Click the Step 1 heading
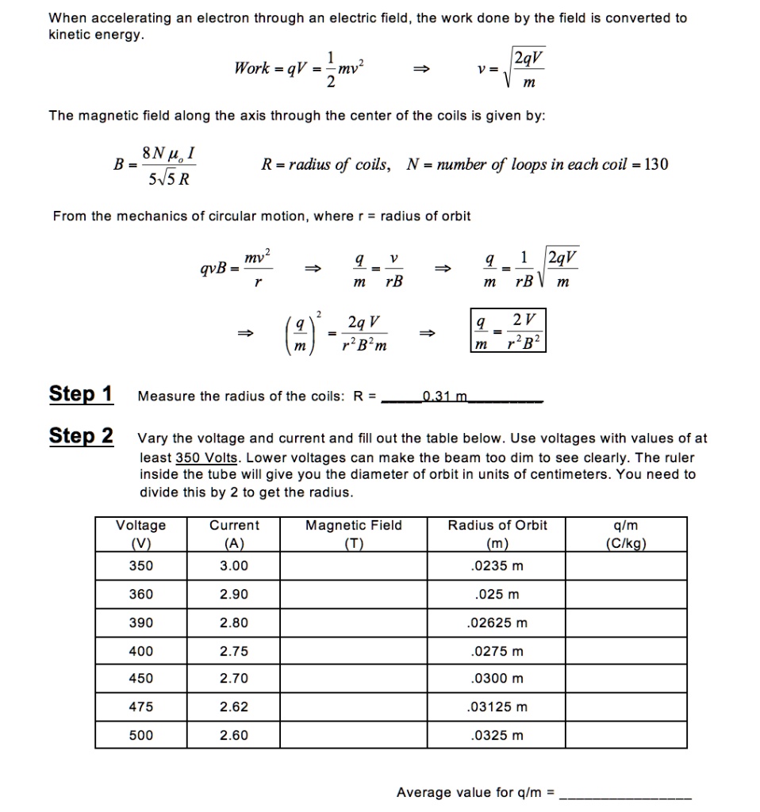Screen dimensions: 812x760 point(81,394)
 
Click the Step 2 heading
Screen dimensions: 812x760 point(81,436)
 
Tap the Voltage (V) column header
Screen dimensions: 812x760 point(141,534)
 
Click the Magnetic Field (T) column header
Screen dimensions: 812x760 point(354,534)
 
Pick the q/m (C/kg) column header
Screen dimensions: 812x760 point(626,534)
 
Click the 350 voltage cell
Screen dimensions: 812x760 point(141,566)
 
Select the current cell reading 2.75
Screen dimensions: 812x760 point(234,651)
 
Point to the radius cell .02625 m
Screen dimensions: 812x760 point(498,622)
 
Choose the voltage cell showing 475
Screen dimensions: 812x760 point(141,707)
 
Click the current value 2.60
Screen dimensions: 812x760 point(234,735)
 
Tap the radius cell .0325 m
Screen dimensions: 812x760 point(498,735)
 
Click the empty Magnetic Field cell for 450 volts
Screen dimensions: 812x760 point(354,679)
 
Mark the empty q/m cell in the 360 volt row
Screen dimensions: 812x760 point(626,594)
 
